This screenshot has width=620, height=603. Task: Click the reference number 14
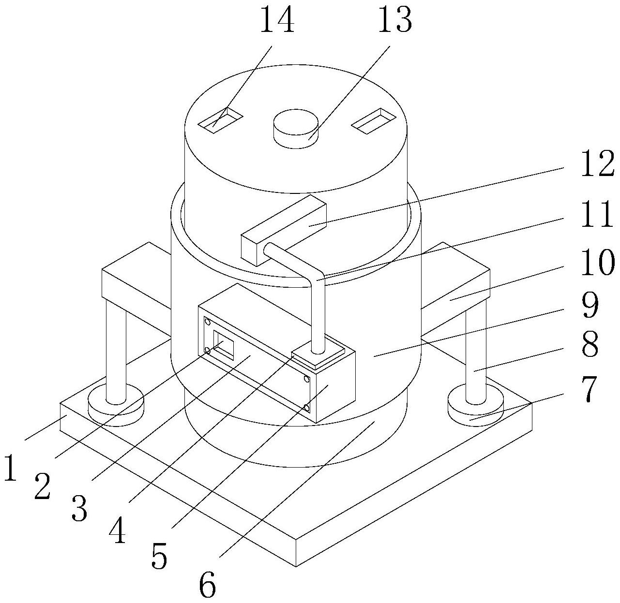277,20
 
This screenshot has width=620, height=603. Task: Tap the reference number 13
394,20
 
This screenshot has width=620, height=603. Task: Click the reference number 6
207,586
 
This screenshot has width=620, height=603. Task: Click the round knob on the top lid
295,126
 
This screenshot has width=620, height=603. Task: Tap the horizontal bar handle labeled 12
283,230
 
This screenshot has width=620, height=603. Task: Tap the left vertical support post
116,353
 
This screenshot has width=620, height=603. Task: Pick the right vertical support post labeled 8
475,353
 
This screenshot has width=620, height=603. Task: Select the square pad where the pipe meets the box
318,355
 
